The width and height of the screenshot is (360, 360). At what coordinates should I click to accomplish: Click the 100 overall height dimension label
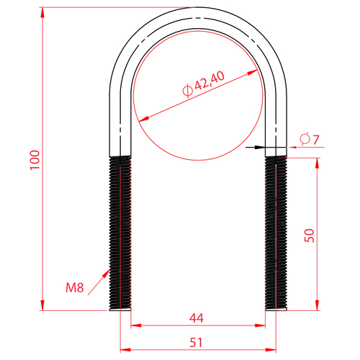(x=35, y=160)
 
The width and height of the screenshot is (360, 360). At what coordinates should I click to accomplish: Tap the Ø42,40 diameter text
(x=204, y=84)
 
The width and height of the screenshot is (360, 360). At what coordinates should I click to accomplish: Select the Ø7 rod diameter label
(x=310, y=140)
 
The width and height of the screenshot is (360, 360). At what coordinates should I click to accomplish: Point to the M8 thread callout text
(x=75, y=287)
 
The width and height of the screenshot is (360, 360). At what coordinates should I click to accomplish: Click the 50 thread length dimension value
(x=310, y=235)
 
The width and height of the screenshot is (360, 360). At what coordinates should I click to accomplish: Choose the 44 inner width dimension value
(x=197, y=318)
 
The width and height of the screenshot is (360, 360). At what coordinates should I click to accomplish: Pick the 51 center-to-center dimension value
(x=196, y=343)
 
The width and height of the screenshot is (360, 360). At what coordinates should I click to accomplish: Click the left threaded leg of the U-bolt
(x=120, y=233)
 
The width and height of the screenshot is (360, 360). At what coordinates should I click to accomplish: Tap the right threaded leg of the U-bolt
(x=276, y=233)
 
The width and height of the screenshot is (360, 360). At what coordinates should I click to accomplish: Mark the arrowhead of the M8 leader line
(x=107, y=273)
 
